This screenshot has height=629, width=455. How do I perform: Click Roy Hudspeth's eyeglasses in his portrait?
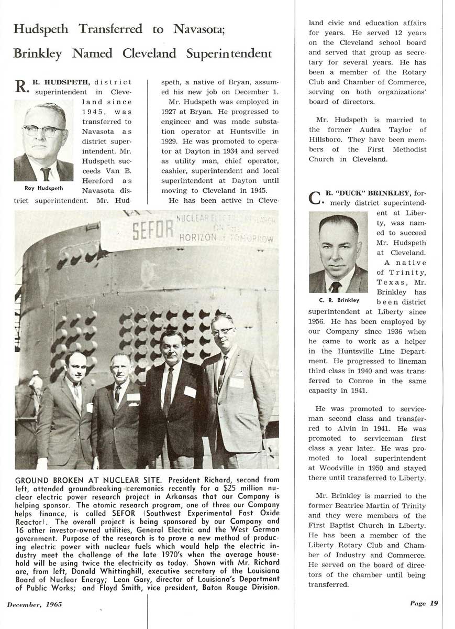[x=43, y=131]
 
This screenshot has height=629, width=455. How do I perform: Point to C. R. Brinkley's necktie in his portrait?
[x=336, y=286]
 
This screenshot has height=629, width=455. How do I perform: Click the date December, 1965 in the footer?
[x=35, y=604]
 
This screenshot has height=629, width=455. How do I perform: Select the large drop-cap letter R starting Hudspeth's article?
[x=20, y=86]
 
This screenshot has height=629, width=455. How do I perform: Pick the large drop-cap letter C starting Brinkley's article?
[x=314, y=198]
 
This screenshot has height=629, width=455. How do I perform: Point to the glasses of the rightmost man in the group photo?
[x=222, y=331]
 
